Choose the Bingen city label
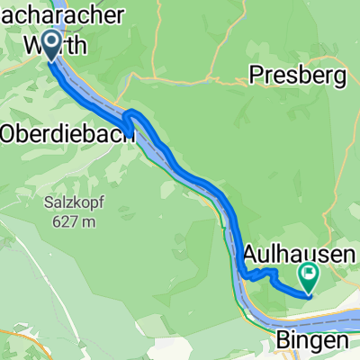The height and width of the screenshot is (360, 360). [310, 342]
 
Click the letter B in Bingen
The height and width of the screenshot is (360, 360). [280, 341]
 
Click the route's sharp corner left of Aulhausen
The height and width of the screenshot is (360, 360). [244, 274]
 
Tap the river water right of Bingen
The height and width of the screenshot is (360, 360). [346, 321]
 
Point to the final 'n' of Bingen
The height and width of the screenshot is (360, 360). [340, 342]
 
